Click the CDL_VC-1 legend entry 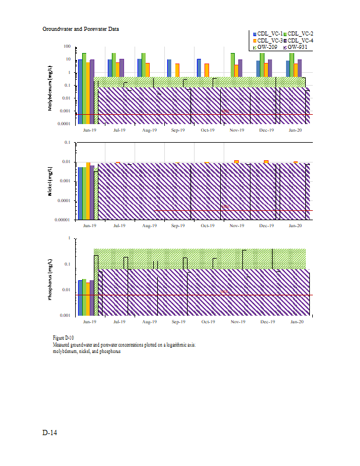[x=269, y=34]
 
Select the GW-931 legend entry [x=297, y=47]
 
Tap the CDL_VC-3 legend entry [x=269, y=40]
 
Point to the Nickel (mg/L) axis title [x=51, y=182]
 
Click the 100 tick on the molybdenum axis [x=67, y=47]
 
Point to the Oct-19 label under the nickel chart [x=208, y=225]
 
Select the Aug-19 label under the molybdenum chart [x=149, y=130]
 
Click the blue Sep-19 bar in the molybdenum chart [x=169, y=68]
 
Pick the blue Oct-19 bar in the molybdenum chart [x=199, y=68]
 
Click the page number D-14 [x=49, y=433]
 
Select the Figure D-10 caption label [x=63, y=338]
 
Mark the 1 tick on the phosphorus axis [x=69, y=238]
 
